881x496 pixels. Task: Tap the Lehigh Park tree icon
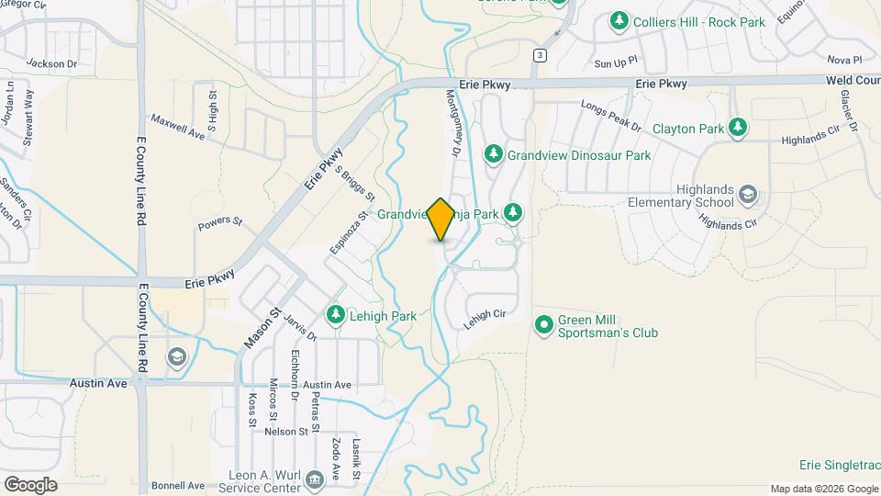tap(336, 316)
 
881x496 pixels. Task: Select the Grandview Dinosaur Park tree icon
tap(494, 155)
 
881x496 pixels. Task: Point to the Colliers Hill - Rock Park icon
tap(619, 19)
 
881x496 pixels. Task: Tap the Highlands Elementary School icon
tap(748, 195)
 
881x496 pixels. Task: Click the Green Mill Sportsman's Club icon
tap(544, 325)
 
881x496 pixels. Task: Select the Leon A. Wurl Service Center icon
tap(314, 479)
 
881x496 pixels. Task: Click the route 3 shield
tap(541, 56)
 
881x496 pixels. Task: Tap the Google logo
tap(30, 484)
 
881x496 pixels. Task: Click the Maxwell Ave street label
tap(177, 125)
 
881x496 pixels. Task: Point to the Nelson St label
tap(287, 431)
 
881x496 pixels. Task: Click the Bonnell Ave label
tap(179, 484)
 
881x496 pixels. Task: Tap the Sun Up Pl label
tap(615, 63)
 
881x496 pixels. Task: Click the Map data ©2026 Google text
tap(824, 489)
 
